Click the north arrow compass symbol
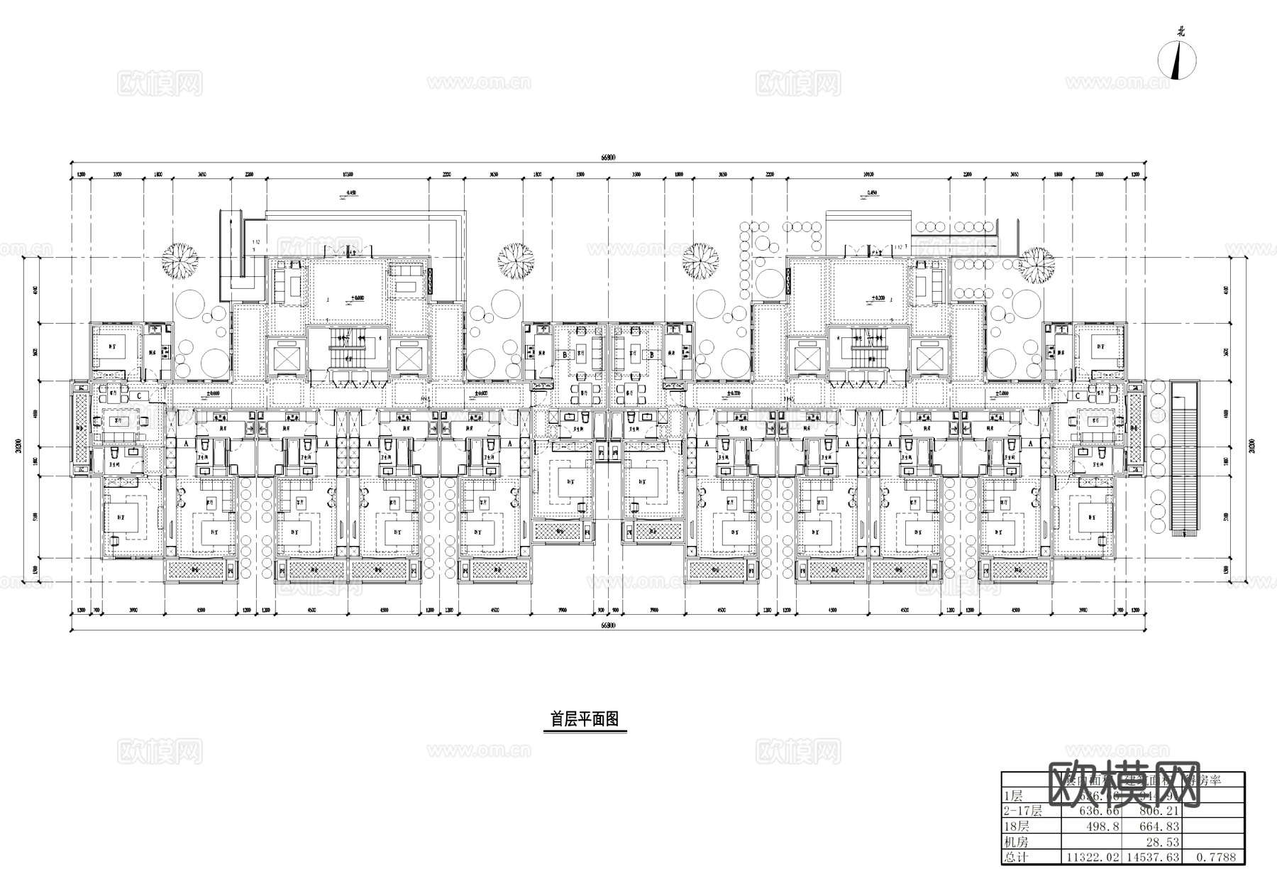(x=1178, y=60)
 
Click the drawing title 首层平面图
(x=585, y=719)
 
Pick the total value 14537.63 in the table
(x=1152, y=857)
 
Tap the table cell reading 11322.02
(x=1091, y=857)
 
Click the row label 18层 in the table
(x=1016, y=826)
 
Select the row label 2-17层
(x=1022, y=811)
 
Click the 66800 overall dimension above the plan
(x=609, y=158)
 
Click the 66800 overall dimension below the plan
(x=609, y=625)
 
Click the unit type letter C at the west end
(x=139, y=396)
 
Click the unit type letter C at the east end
(x=1078, y=396)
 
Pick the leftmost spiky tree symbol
(x=179, y=261)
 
